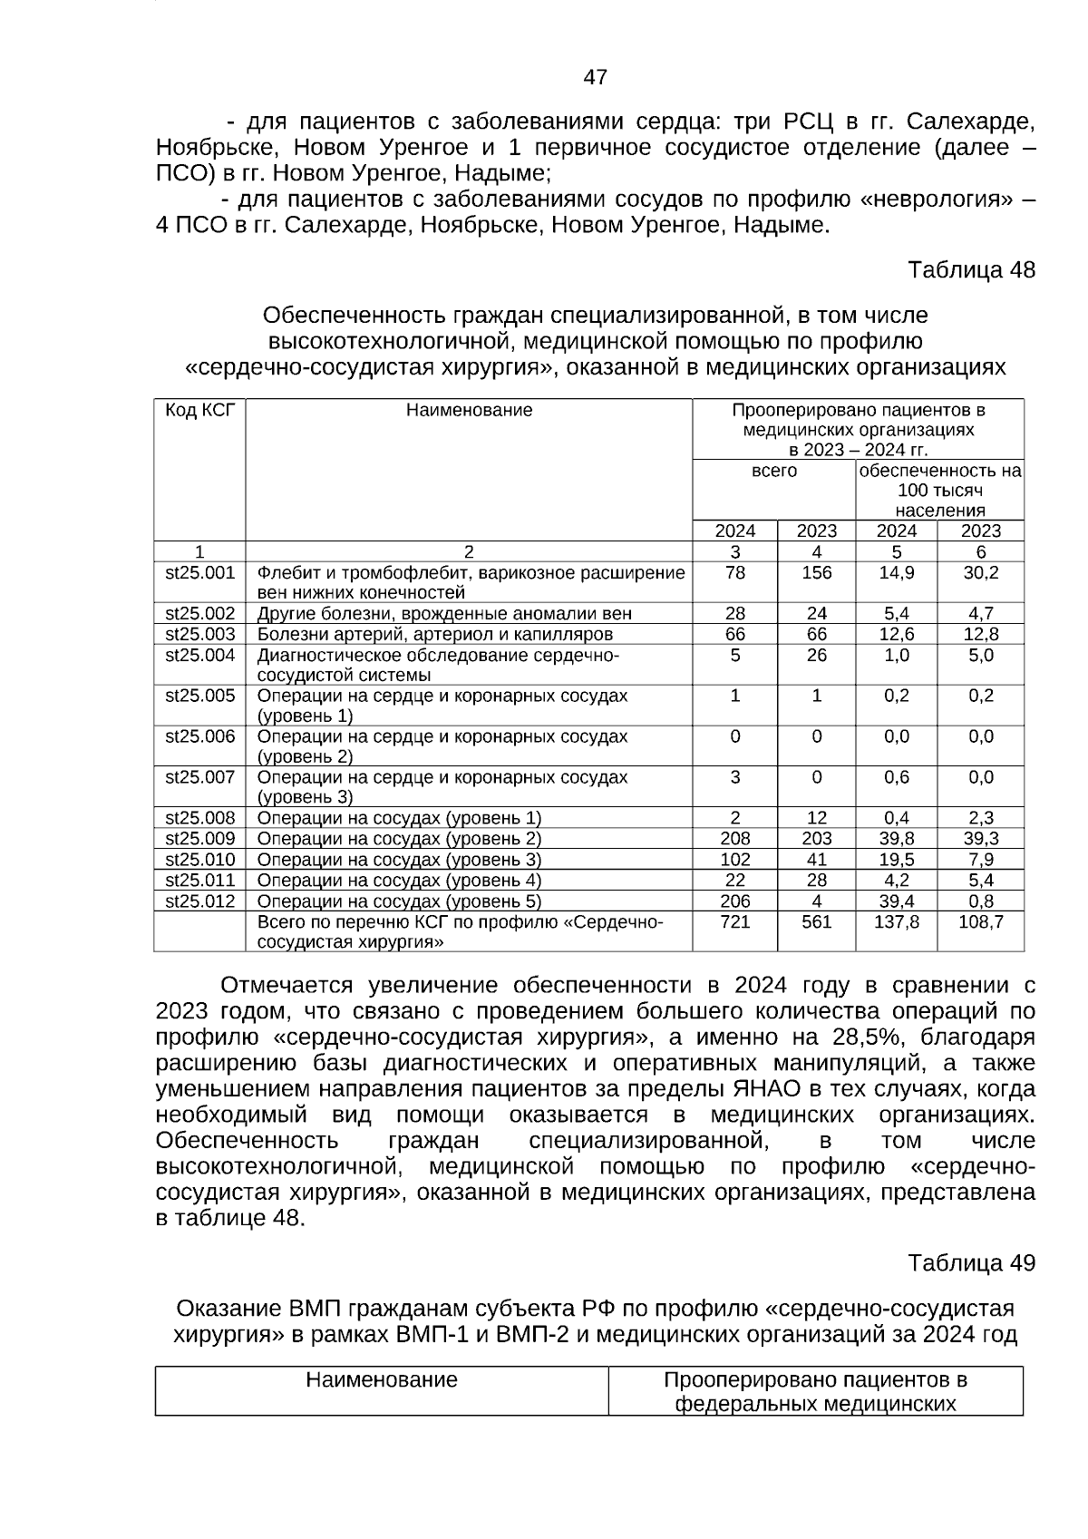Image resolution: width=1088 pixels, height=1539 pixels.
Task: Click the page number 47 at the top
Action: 595,78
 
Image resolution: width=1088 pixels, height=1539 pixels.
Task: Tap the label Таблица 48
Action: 971,270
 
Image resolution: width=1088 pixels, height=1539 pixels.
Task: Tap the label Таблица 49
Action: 971,1263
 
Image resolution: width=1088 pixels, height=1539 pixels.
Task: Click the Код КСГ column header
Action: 199,410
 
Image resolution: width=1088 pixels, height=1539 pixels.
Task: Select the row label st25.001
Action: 199,573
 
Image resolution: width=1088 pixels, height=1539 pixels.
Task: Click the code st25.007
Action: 199,777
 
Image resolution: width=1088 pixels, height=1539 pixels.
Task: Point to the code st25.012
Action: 199,901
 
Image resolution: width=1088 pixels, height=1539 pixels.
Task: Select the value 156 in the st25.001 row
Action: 816,573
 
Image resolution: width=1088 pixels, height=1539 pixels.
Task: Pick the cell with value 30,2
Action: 980,573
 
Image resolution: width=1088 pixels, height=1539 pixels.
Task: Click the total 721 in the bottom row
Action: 734,922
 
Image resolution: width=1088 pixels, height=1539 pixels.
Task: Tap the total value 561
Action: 816,922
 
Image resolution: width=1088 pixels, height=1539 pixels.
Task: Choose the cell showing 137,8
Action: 896,922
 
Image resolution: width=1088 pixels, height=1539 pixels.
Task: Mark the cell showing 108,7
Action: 980,922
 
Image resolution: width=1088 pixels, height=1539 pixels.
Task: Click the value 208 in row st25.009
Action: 734,839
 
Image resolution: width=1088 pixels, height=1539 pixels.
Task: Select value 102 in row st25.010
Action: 734,860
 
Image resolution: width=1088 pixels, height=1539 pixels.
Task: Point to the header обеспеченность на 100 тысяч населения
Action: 939,491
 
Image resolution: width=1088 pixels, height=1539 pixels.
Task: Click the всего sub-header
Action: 774,472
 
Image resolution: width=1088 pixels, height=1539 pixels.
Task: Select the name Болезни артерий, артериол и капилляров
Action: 435,635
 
